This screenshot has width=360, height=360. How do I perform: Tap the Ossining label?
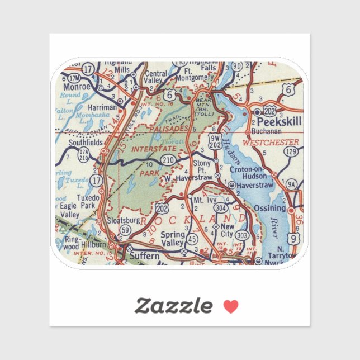270,209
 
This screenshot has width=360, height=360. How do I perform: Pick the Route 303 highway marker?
241,236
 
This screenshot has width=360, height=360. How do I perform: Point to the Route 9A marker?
291,183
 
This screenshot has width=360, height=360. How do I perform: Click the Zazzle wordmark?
173,306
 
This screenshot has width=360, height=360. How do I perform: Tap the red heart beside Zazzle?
231,306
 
